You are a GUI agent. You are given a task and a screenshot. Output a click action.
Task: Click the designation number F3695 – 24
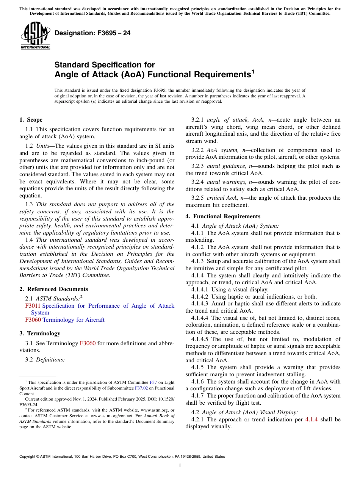[92, 33]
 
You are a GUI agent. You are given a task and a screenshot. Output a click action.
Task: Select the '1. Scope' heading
[31, 120]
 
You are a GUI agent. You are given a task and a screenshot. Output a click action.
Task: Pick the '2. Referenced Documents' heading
[54, 289]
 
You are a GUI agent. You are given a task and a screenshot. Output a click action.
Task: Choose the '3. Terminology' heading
[40, 333]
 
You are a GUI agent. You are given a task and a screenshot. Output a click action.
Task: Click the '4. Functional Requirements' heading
[223, 216]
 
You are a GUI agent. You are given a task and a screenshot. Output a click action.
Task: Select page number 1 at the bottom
[180, 466]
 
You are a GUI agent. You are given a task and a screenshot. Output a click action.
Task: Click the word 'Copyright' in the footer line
[28, 457]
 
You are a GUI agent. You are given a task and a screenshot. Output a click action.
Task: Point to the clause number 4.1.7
[198, 396]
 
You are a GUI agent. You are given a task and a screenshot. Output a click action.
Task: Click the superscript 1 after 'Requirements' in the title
[253, 71]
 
